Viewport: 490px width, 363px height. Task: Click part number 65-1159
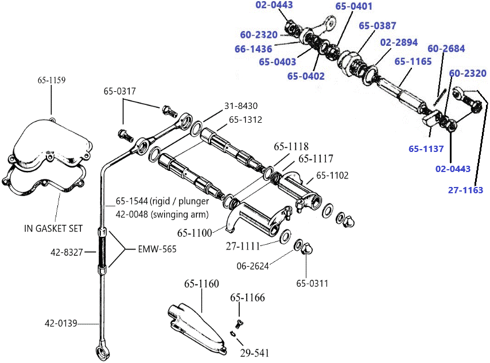[x=52, y=80]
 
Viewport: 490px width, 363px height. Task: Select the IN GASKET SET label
[x=53, y=228]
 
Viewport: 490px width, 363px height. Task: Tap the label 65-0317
[x=120, y=91]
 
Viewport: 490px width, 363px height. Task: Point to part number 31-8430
[x=241, y=106]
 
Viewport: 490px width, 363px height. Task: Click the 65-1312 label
[x=246, y=120]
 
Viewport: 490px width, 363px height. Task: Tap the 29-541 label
[x=254, y=353]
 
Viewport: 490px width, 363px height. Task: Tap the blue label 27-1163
[x=465, y=190]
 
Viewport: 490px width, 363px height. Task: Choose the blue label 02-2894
[x=399, y=42]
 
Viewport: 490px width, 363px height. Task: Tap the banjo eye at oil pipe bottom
[x=102, y=349]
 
